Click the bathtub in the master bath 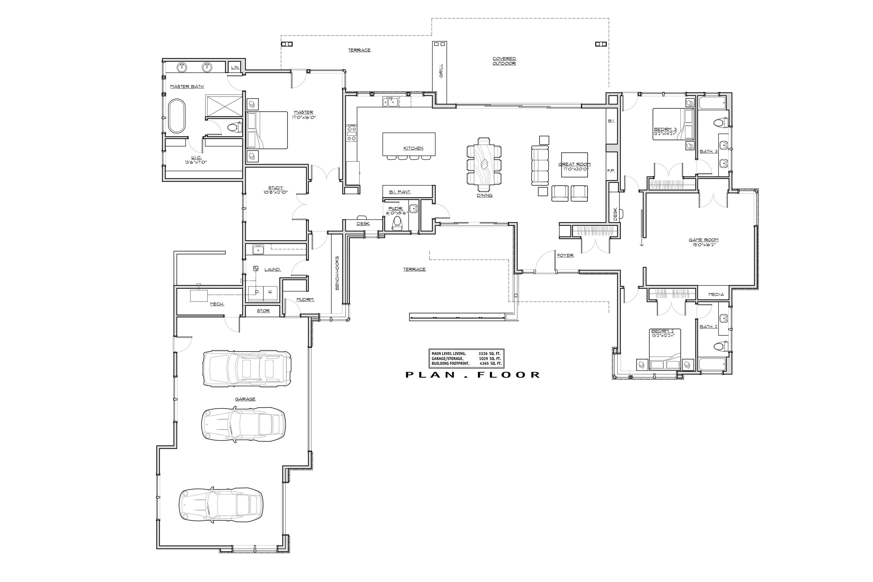[x=177, y=116]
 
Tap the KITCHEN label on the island [x=413, y=148]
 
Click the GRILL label [x=441, y=70]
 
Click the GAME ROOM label [x=703, y=240]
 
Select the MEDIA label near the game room [x=716, y=294]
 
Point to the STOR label [x=263, y=311]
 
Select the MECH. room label [x=217, y=304]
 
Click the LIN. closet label [x=235, y=67]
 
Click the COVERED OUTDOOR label [x=504, y=61]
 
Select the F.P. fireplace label [x=611, y=171]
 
